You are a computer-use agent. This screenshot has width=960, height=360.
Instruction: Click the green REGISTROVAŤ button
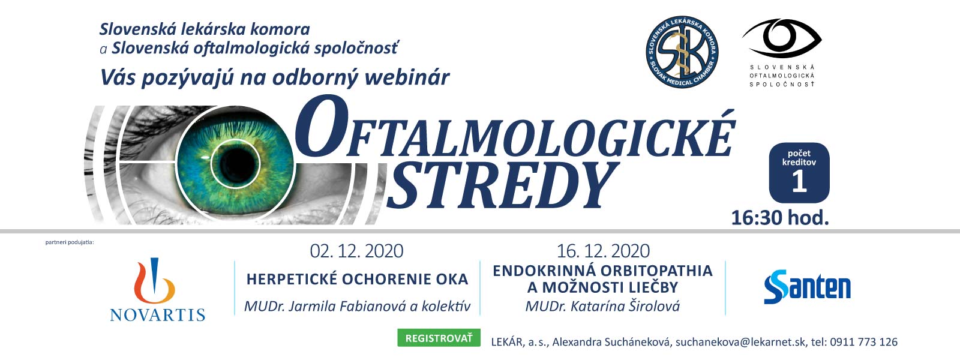click(439, 338)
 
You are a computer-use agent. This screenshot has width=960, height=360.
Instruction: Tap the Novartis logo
click(157, 290)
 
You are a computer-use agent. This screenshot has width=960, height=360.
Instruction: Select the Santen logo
click(807, 287)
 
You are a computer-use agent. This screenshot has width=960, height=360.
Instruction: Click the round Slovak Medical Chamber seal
click(682, 52)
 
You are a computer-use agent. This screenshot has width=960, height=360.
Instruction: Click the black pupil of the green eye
click(235, 164)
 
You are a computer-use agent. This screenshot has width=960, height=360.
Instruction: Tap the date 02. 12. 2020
click(356, 251)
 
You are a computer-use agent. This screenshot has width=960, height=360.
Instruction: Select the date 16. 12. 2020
click(603, 251)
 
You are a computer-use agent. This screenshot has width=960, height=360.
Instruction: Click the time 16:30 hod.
click(780, 218)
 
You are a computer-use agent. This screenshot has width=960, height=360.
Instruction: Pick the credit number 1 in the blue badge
click(799, 182)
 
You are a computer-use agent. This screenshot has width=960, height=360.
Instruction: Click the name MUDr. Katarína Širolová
click(602, 307)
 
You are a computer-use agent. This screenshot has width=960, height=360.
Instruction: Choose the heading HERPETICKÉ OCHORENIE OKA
click(357, 280)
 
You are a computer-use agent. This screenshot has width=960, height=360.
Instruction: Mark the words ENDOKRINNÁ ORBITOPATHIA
click(602, 271)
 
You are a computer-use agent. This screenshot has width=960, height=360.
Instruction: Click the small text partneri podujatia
click(70, 242)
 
